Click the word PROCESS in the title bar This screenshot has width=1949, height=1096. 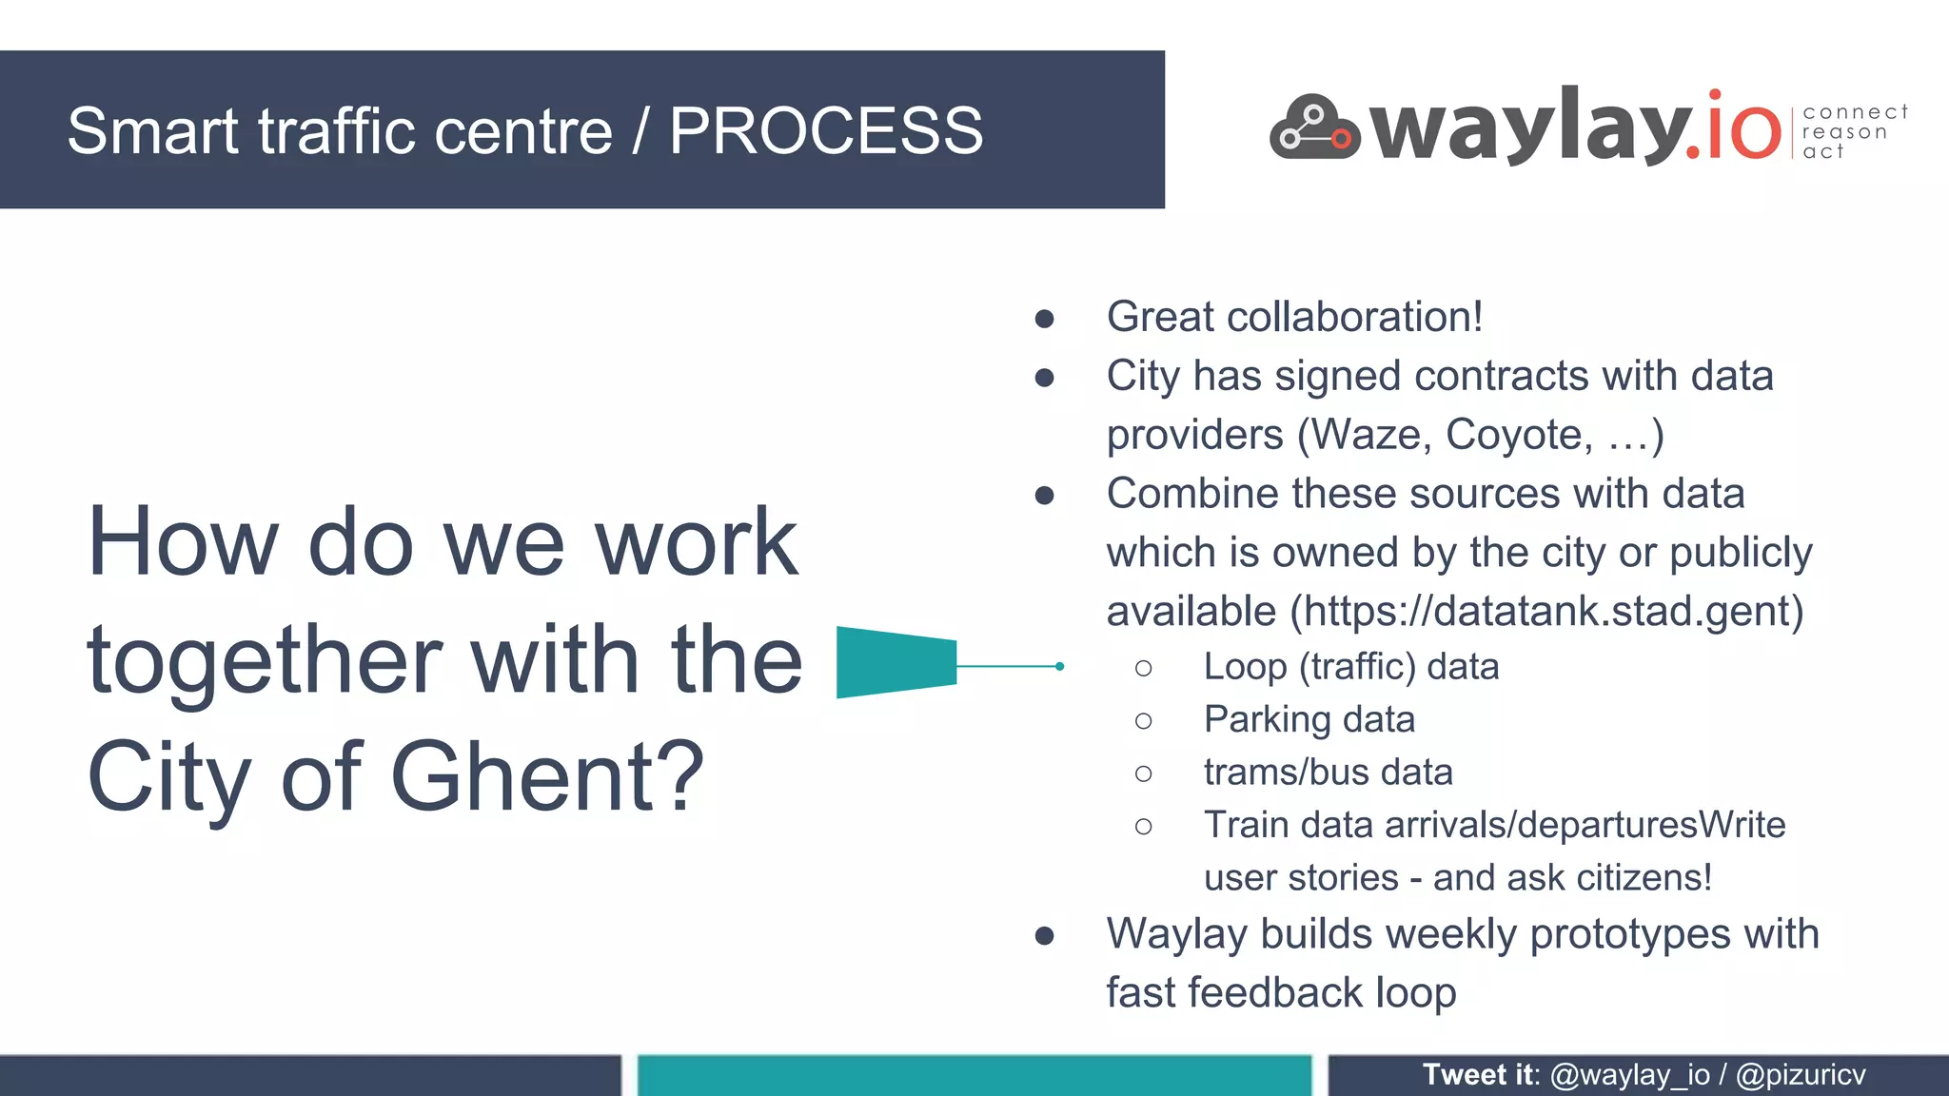[825, 130]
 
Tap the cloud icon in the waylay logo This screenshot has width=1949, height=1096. [1314, 128]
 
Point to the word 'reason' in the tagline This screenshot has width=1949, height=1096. [1844, 132]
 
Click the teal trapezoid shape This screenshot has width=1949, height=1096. [896, 662]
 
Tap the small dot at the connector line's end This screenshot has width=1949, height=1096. [1059, 666]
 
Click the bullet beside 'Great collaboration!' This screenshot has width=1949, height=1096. [1044, 319]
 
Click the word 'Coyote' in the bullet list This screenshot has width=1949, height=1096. [1517, 435]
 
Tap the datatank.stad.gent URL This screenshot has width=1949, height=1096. [1551, 611]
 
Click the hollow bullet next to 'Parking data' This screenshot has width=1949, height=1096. [1143, 721]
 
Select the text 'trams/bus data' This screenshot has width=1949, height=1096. [1328, 772]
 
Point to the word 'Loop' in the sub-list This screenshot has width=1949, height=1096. [1245, 667]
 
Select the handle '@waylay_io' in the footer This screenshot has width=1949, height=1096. [1629, 1075]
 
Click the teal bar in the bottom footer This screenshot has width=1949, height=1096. [974, 1075]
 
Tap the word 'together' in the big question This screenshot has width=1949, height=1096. [265, 662]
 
